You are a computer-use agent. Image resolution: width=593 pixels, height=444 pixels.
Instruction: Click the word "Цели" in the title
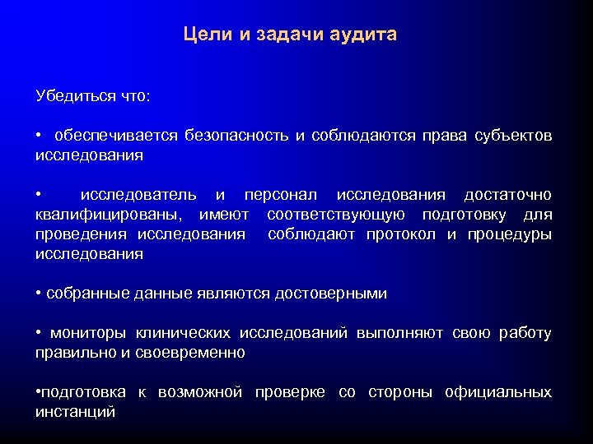pyautogui.click(x=206, y=35)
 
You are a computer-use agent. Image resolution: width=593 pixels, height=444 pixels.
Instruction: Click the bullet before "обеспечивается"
pyautogui.click(x=39, y=136)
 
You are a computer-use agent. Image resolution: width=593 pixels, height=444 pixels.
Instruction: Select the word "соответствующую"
pyautogui.click(x=335, y=215)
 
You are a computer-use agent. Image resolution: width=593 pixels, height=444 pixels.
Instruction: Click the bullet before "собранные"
pyautogui.click(x=39, y=294)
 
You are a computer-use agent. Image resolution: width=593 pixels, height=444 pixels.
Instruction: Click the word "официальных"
pyautogui.click(x=497, y=392)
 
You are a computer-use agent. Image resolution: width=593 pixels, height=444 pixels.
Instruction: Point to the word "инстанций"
pyautogui.click(x=75, y=412)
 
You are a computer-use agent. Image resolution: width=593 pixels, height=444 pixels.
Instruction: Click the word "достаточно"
pyautogui.click(x=507, y=195)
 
